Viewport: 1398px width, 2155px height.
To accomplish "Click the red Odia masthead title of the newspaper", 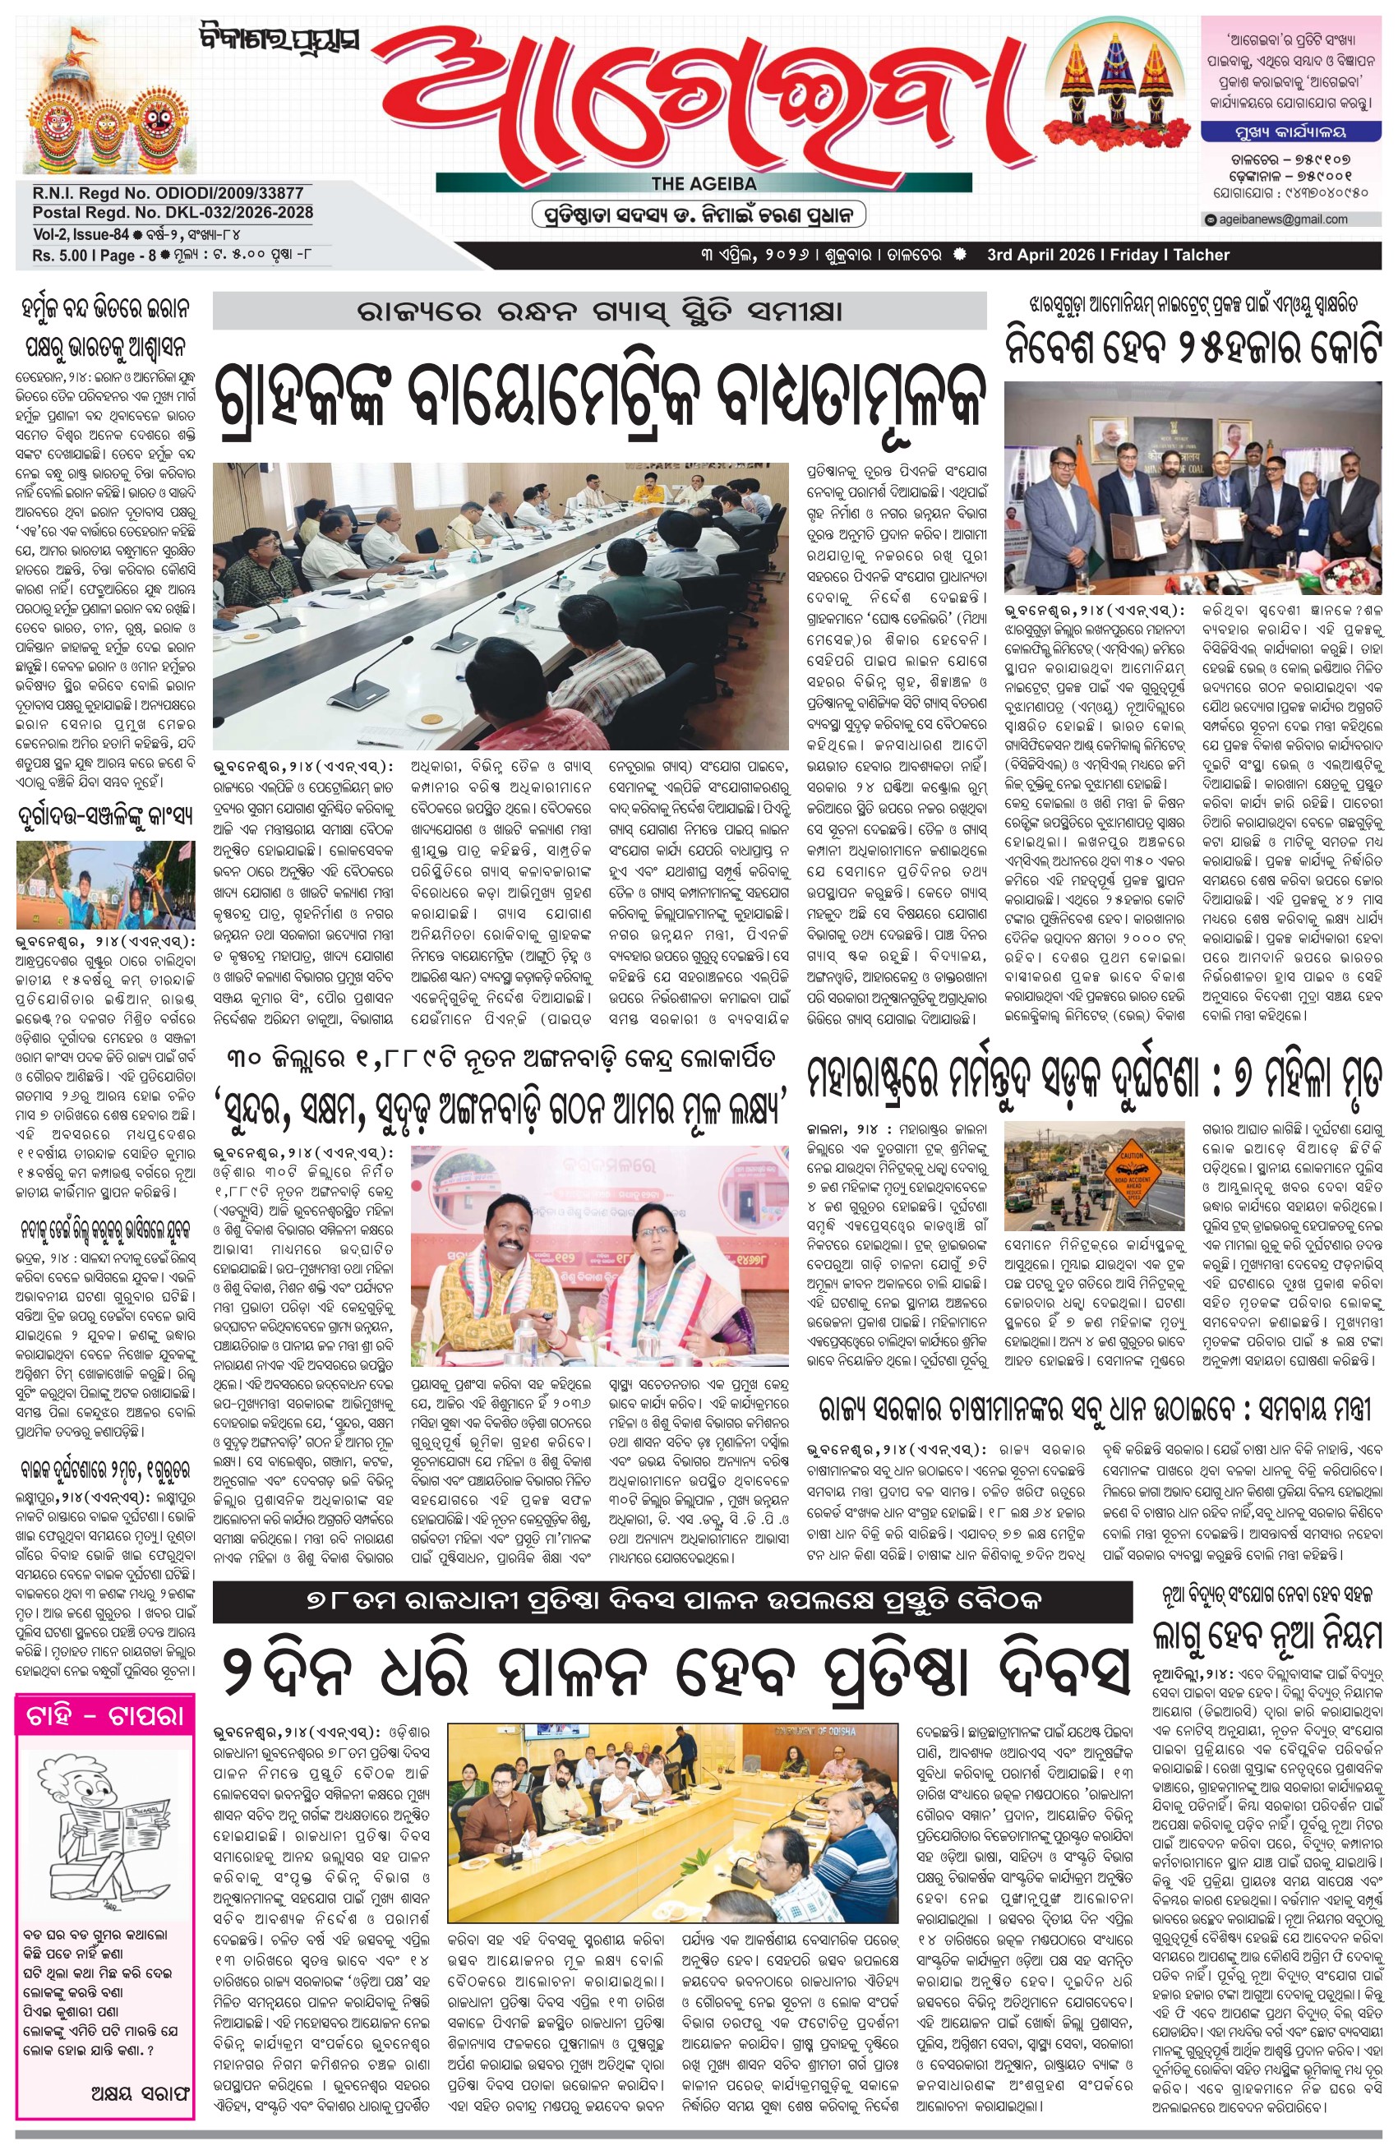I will (706, 96).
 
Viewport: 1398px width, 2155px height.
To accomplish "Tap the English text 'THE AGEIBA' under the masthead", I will (703, 184).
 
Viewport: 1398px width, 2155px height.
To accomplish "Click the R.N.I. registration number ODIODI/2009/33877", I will (168, 193).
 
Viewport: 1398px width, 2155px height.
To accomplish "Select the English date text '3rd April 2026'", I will (1040, 256).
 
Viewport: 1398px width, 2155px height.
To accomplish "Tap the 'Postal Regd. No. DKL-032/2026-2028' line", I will (172, 212).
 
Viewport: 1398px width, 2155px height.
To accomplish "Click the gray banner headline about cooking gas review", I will (598, 312).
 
